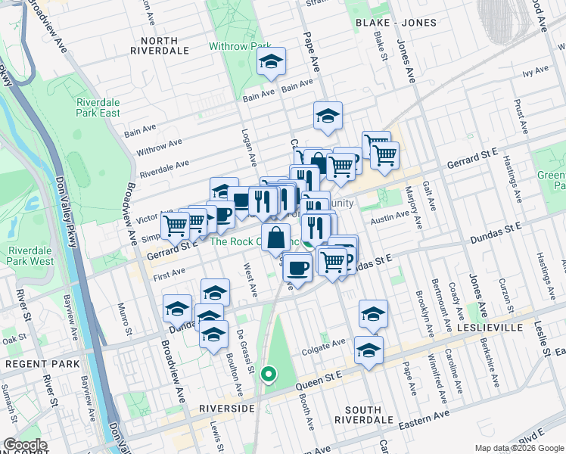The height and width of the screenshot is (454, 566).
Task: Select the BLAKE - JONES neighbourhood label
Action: click(396, 23)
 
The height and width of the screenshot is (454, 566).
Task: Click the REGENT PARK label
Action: click(33, 364)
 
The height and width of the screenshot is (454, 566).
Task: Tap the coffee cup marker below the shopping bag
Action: click(298, 266)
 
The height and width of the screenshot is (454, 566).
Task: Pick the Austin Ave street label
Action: click(390, 220)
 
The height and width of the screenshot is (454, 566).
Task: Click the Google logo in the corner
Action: click(26, 445)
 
